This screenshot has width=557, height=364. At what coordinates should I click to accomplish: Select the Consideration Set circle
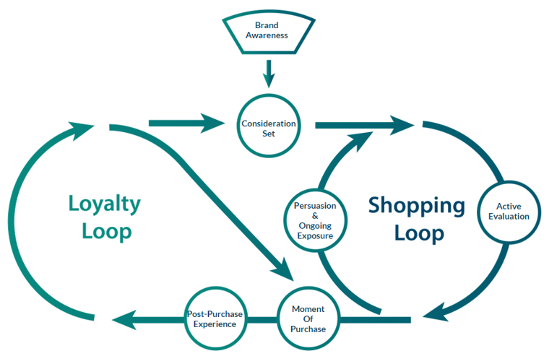tap(269, 128)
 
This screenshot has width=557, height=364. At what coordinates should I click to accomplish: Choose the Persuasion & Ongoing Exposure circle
tap(314, 220)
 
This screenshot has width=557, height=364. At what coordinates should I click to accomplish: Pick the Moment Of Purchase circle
tap(308, 318)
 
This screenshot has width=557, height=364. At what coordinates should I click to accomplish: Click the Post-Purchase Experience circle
tap(215, 318)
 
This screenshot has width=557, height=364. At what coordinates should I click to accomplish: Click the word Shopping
tap(417, 205)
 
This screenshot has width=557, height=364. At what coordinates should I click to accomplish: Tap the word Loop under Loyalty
tap(107, 232)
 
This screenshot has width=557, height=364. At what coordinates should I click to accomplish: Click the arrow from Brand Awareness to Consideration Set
tap(269, 71)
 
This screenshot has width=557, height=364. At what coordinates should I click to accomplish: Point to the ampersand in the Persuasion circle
tap(314, 215)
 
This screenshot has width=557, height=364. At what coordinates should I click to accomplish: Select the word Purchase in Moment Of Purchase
tap(308, 329)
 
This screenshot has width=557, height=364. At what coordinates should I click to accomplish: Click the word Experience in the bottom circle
tap(215, 324)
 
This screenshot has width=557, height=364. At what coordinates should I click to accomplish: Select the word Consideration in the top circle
tap(269, 123)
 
